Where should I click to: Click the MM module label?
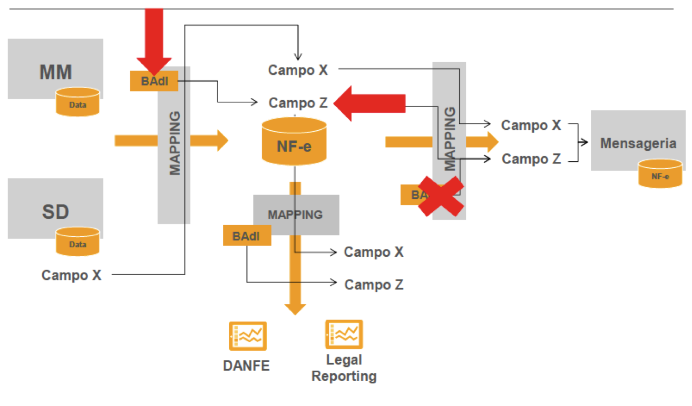(x=55, y=72)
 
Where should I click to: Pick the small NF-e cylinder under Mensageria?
(x=660, y=173)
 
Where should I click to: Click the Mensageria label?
(x=638, y=143)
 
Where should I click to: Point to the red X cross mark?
(x=441, y=196)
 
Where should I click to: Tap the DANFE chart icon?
(x=248, y=336)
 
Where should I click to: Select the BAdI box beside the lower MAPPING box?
(x=247, y=235)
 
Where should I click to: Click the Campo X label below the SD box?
(x=71, y=275)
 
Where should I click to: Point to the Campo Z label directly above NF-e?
(x=298, y=103)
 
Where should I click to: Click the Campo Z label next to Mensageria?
(x=531, y=159)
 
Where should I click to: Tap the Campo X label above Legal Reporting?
(x=374, y=252)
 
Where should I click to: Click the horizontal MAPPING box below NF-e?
(x=296, y=215)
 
